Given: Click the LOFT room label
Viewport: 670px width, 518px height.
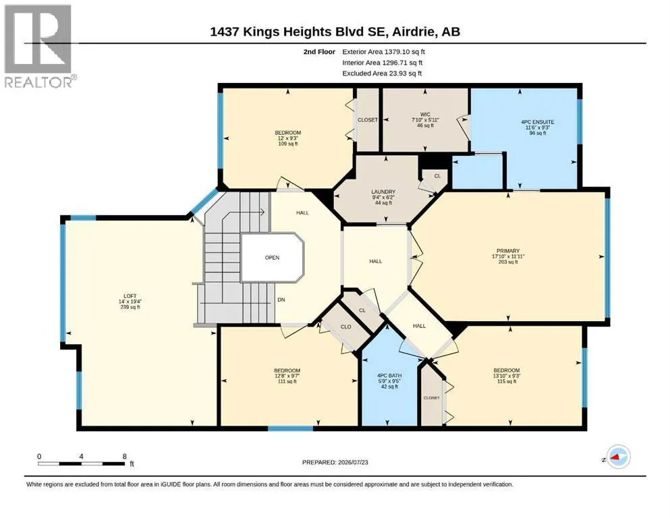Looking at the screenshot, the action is click(130, 296).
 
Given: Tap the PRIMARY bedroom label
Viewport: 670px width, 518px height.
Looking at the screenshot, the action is click(508, 251).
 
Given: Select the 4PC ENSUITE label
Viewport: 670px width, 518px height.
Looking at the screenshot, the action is click(538, 121).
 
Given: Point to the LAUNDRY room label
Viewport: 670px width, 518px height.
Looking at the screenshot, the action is click(383, 192).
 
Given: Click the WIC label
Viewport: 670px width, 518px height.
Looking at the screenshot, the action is click(425, 114).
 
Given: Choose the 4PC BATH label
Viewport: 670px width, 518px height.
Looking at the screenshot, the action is click(389, 376).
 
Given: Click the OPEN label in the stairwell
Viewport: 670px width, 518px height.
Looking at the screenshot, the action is click(272, 258).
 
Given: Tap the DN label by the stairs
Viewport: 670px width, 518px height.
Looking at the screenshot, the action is click(281, 299).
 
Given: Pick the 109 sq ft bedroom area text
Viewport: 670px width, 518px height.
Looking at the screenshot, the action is click(288, 144).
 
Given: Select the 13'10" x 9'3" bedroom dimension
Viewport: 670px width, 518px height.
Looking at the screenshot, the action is click(507, 376).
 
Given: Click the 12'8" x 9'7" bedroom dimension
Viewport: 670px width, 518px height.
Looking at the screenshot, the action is click(287, 376).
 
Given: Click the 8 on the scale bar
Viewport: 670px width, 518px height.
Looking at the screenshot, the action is click(125, 456).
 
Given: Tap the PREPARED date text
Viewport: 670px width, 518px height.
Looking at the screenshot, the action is click(335, 462).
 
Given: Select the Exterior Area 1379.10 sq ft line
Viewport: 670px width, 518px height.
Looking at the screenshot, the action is click(383, 52).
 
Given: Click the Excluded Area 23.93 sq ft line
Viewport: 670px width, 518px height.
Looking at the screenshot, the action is click(382, 74).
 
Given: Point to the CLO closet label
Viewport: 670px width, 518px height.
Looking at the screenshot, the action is click(345, 326).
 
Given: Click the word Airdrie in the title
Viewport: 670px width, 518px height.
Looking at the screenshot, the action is click(412, 32).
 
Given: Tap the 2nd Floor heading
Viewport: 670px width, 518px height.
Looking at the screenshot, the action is click(319, 52).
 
